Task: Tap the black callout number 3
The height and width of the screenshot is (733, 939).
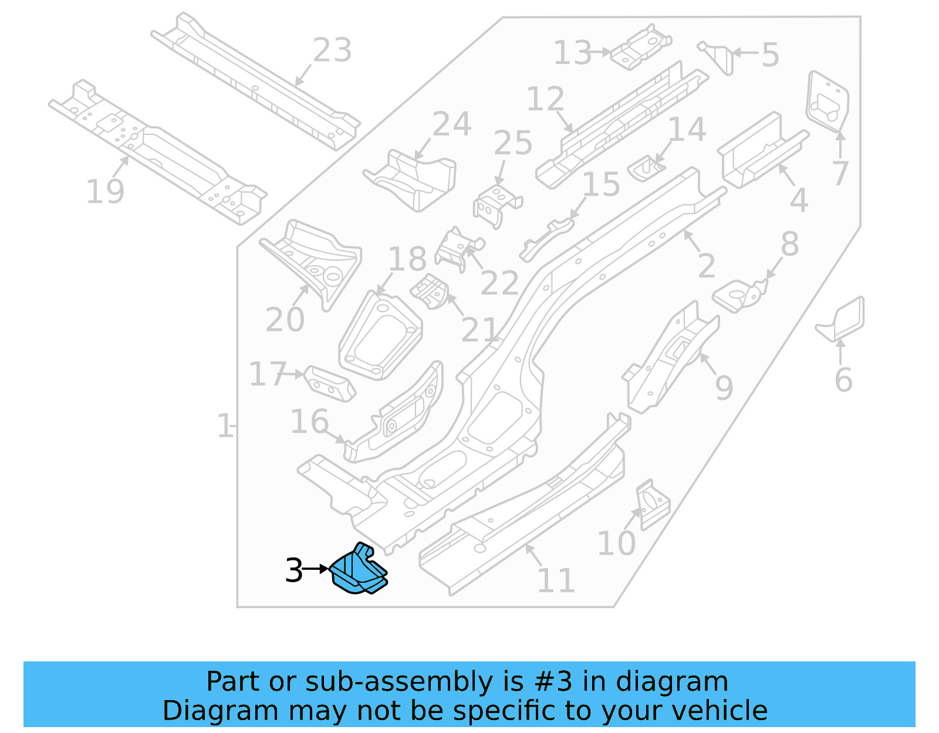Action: (293, 570)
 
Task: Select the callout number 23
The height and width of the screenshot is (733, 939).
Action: (332, 50)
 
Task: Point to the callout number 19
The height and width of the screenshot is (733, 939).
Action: (105, 191)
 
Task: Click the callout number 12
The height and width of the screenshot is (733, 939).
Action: (545, 99)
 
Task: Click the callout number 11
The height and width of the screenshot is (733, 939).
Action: (556, 580)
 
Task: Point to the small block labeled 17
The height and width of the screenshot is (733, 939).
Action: (329, 384)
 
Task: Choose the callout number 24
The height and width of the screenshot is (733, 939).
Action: (452, 124)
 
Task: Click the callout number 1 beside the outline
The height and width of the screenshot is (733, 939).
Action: (224, 426)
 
